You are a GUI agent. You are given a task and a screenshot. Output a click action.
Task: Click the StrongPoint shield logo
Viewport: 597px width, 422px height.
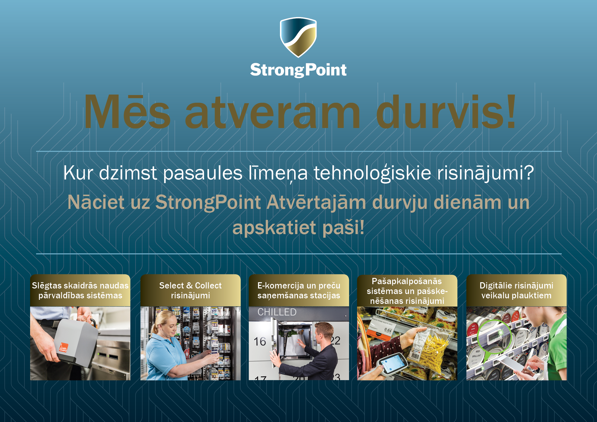pos(298,37)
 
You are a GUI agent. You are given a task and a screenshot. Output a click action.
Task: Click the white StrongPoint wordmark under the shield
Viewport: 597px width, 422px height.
pos(298,70)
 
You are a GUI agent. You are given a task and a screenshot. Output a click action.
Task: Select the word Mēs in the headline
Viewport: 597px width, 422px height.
pos(127,112)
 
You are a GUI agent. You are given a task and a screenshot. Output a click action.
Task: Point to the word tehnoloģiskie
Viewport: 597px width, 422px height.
pos(372,173)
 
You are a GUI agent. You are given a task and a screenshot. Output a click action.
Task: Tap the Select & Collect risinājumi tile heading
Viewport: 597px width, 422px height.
pos(190,290)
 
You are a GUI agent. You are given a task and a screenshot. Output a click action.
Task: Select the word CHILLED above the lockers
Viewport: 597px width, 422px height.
pos(277,312)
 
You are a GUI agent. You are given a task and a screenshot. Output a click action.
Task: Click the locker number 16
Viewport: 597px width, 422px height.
pos(260,341)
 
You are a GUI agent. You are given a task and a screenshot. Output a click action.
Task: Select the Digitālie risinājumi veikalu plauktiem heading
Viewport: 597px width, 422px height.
pos(516,290)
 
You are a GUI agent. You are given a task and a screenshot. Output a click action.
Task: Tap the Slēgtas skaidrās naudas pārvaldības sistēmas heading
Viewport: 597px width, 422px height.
pos(80,290)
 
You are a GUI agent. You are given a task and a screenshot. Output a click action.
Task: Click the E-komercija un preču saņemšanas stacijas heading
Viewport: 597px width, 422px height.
pos(299,290)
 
